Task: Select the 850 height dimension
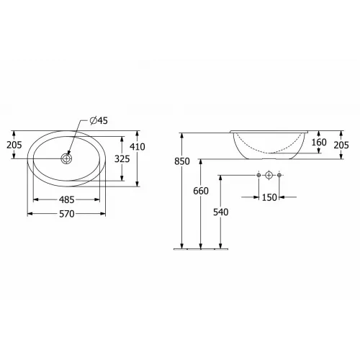coord(181,162)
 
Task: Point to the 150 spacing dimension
coord(269,198)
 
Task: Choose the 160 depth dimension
coord(319,142)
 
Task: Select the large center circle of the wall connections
coord(269,175)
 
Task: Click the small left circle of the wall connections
coord(258,175)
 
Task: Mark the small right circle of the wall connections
coord(281,175)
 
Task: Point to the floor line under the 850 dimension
coord(202,249)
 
